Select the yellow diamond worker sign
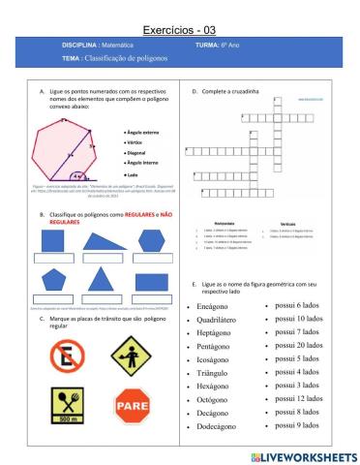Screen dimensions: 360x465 pos(131,355)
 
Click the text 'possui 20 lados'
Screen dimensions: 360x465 pos(299,345)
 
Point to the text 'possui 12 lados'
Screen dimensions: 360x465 pos(299,398)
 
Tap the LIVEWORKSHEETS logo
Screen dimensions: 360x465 pos(302,455)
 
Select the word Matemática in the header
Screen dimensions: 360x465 pos(124,46)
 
